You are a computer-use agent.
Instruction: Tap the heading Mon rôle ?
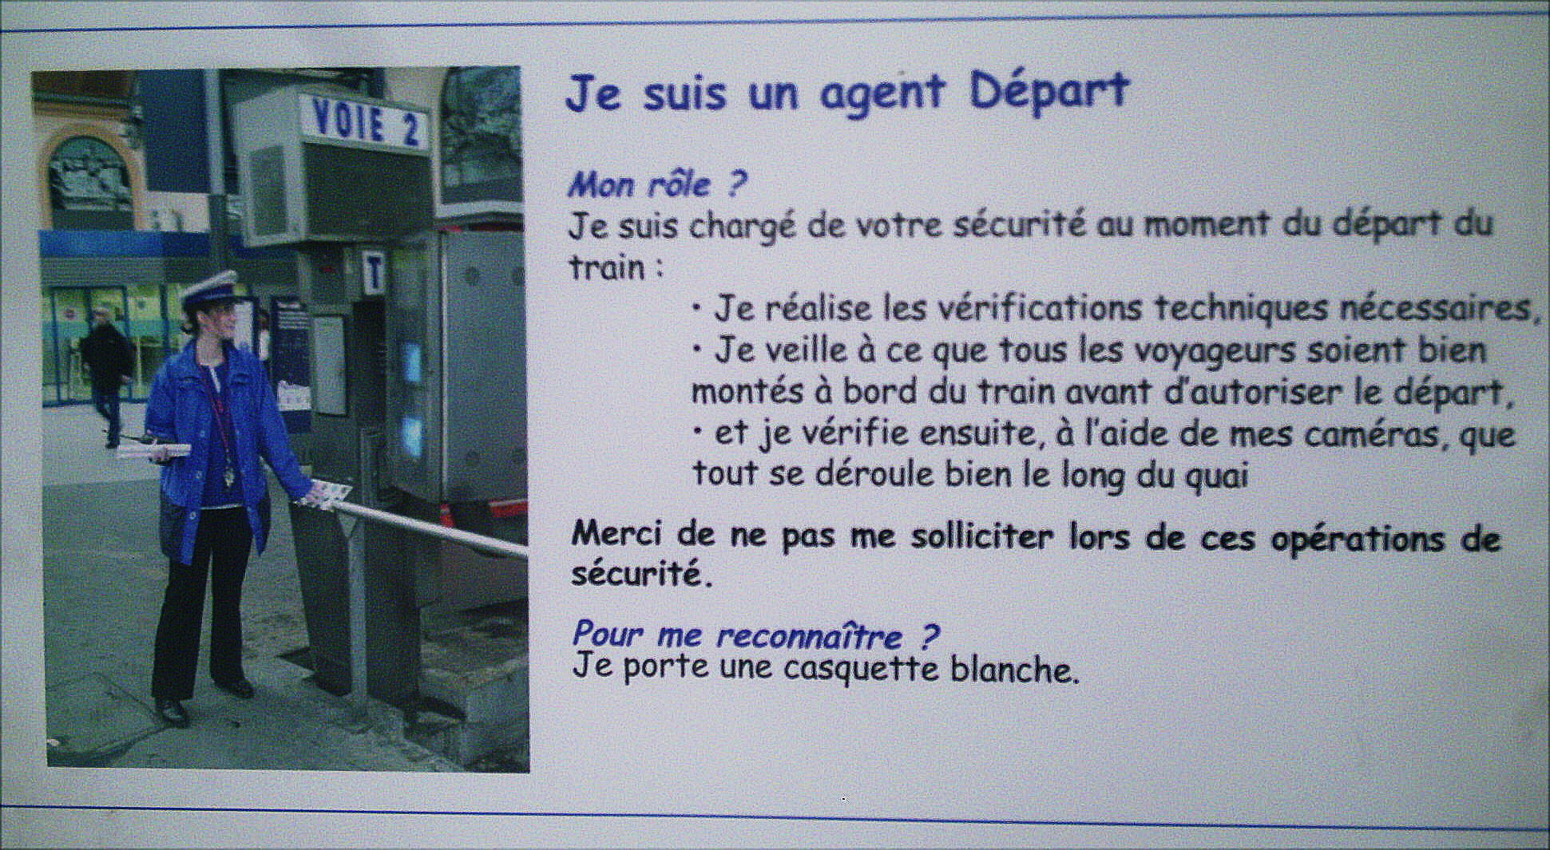[x=656, y=185]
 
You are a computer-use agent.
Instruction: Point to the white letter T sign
[x=373, y=272]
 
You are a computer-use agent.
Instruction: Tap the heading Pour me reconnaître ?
[x=755, y=635]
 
